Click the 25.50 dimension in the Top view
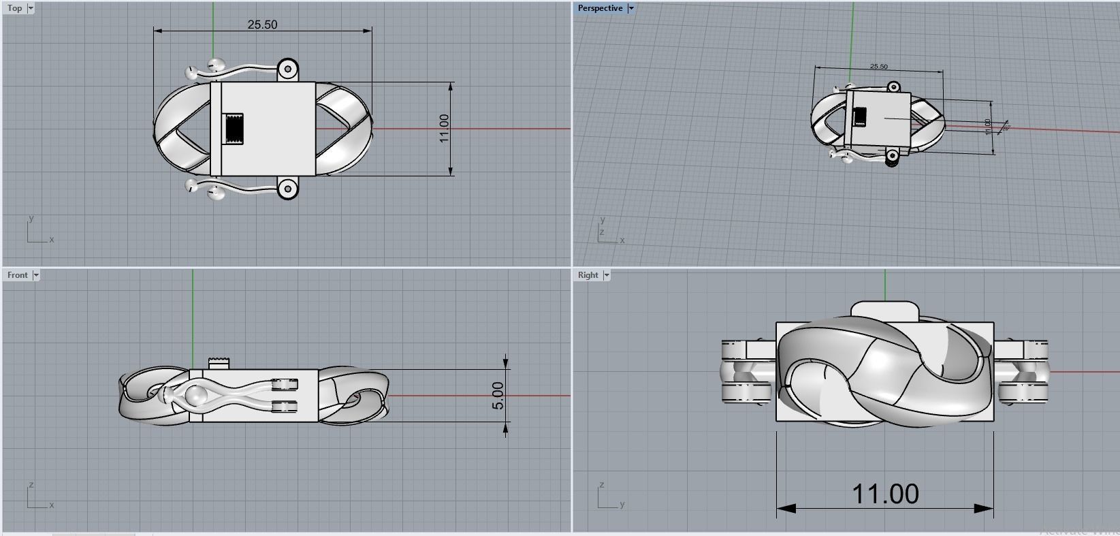pyautogui.click(x=262, y=25)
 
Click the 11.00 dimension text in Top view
pyautogui.click(x=444, y=128)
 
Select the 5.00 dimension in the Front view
pyautogui.click(x=498, y=395)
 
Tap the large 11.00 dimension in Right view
pyautogui.click(x=885, y=494)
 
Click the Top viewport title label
pyautogui.click(x=14, y=8)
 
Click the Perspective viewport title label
pyautogui.click(x=600, y=8)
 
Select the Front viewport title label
pyautogui.click(x=18, y=275)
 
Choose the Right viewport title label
pyautogui.click(x=588, y=275)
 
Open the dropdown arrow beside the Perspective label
pyautogui.click(x=631, y=8)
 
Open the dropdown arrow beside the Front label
pyautogui.click(x=36, y=275)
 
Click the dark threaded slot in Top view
pyautogui.click(x=235, y=128)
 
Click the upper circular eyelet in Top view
pyautogui.click(x=289, y=69)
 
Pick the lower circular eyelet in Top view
pyautogui.click(x=289, y=188)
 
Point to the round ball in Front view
pyautogui.click(x=196, y=396)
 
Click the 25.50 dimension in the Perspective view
pyautogui.click(x=878, y=67)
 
